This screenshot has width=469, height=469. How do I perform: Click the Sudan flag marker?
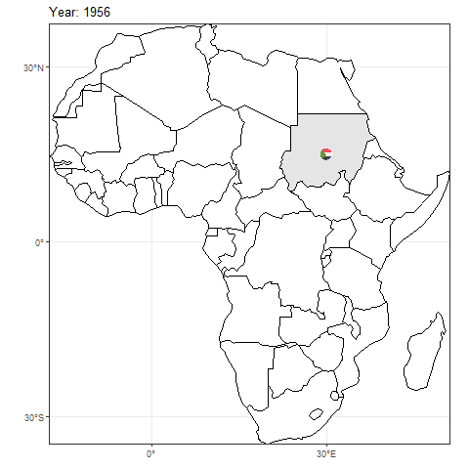click(326, 154)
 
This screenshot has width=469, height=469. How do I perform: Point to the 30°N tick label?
click(31, 67)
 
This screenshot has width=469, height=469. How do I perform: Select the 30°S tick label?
click(31, 417)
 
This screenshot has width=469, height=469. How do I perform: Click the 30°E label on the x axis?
click(326, 455)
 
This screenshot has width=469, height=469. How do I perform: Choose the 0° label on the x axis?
click(151, 455)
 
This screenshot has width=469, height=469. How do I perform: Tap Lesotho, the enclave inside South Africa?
click(316, 413)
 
